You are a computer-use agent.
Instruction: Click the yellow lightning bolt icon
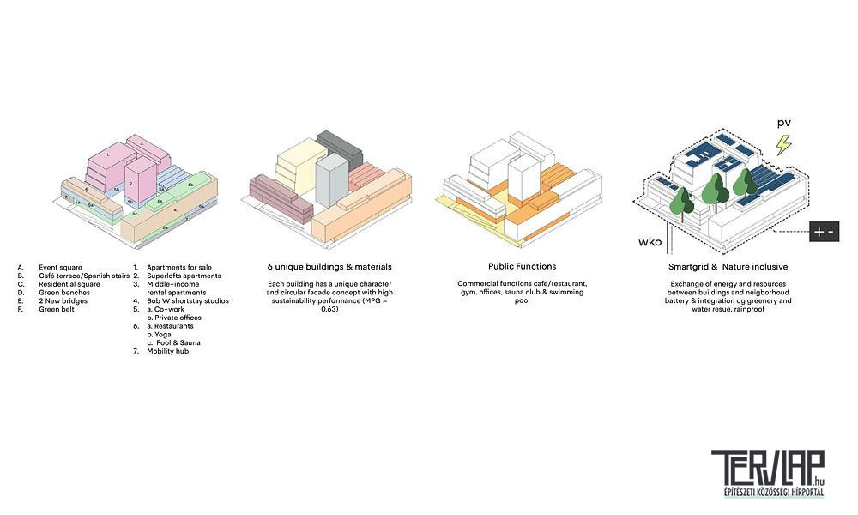click(782, 144)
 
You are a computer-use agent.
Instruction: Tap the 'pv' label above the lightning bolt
click(783, 124)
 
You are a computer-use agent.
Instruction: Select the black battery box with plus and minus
click(824, 232)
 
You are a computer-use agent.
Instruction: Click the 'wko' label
click(650, 242)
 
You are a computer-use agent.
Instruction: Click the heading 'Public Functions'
click(522, 267)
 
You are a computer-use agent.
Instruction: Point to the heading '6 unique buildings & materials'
click(329, 267)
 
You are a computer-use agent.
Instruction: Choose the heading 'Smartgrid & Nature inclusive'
click(728, 267)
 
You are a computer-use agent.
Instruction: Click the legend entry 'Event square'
click(60, 268)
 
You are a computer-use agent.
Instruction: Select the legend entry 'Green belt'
click(57, 309)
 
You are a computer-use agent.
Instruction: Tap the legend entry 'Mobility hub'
click(167, 351)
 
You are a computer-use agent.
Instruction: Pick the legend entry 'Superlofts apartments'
click(184, 276)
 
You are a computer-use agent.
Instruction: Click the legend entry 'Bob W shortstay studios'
click(187, 301)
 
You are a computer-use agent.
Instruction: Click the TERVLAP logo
click(767, 472)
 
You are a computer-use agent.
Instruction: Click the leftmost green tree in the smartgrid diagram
click(680, 203)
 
